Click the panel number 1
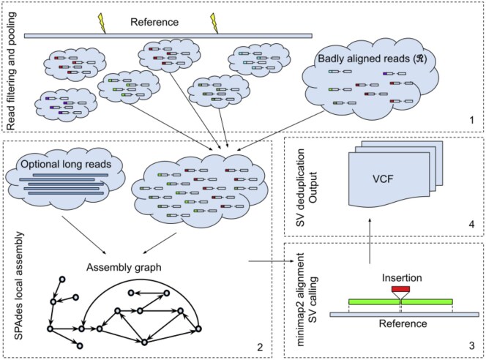(x=471, y=118)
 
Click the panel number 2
(x=262, y=344)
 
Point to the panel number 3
(x=471, y=344)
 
